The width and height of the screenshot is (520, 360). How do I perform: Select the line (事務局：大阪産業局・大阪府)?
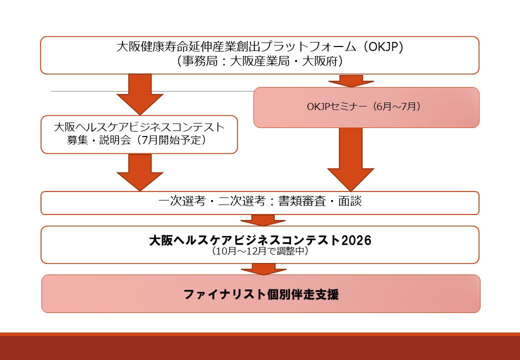click(260, 61)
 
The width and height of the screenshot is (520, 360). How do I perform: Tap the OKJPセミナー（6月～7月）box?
click(366, 107)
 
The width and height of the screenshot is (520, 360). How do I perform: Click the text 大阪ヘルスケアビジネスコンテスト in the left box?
click(139, 127)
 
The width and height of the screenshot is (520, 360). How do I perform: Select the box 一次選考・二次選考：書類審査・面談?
click(260, 202)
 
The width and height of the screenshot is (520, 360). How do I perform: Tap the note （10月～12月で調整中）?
click(260, 251)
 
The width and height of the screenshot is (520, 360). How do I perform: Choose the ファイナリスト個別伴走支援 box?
click(260, 294)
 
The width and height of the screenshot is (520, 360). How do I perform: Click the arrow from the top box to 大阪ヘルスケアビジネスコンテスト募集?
click(140, 93)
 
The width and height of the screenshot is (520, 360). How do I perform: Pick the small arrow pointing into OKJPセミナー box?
click(351, 80)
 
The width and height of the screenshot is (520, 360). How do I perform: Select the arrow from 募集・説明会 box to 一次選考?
click(140, 171)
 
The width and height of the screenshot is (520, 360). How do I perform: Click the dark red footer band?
click(260, 347)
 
